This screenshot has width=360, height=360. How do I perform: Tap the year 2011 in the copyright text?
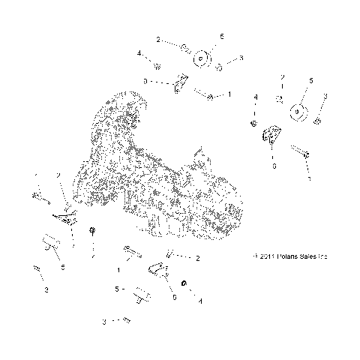point(265,256)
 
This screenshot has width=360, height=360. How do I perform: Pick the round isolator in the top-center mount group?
point(201,58)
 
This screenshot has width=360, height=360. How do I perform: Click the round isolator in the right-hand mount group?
point(300,112)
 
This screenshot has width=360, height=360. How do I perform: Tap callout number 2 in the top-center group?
point(158,38)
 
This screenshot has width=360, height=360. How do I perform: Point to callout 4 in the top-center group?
point(139,53)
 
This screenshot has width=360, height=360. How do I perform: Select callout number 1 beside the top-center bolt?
point(229,95)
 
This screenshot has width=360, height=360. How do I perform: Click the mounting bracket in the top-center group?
point(180,84)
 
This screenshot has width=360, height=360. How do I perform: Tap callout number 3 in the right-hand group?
point(325,96)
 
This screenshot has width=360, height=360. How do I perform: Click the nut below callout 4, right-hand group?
point(256,121)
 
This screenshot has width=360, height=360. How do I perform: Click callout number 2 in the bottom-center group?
point(197,259)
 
